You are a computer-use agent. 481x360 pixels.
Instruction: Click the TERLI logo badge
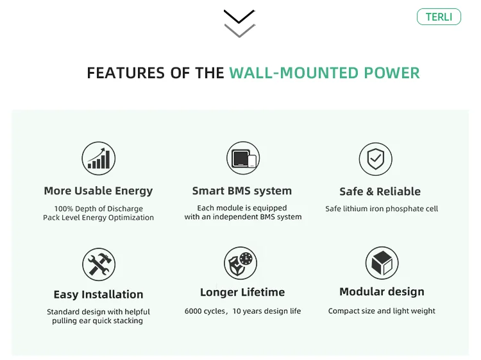439,17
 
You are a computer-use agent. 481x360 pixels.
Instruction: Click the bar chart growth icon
99,158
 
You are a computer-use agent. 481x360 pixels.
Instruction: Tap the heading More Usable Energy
98,191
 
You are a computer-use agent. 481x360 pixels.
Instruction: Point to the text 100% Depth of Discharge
99,209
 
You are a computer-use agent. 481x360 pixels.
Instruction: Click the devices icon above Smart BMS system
242,158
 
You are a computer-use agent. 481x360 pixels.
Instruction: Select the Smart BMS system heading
242,191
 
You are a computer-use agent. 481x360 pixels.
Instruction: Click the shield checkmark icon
375,159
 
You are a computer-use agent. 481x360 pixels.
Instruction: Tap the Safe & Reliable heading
380,191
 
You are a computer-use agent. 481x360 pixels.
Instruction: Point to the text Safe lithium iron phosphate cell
382,209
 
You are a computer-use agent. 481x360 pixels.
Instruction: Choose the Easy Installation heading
98,295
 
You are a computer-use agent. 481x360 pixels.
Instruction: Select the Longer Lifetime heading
242,292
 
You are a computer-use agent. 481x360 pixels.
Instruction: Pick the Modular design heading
382,292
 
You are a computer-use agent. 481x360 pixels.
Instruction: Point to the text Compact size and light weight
382,311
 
